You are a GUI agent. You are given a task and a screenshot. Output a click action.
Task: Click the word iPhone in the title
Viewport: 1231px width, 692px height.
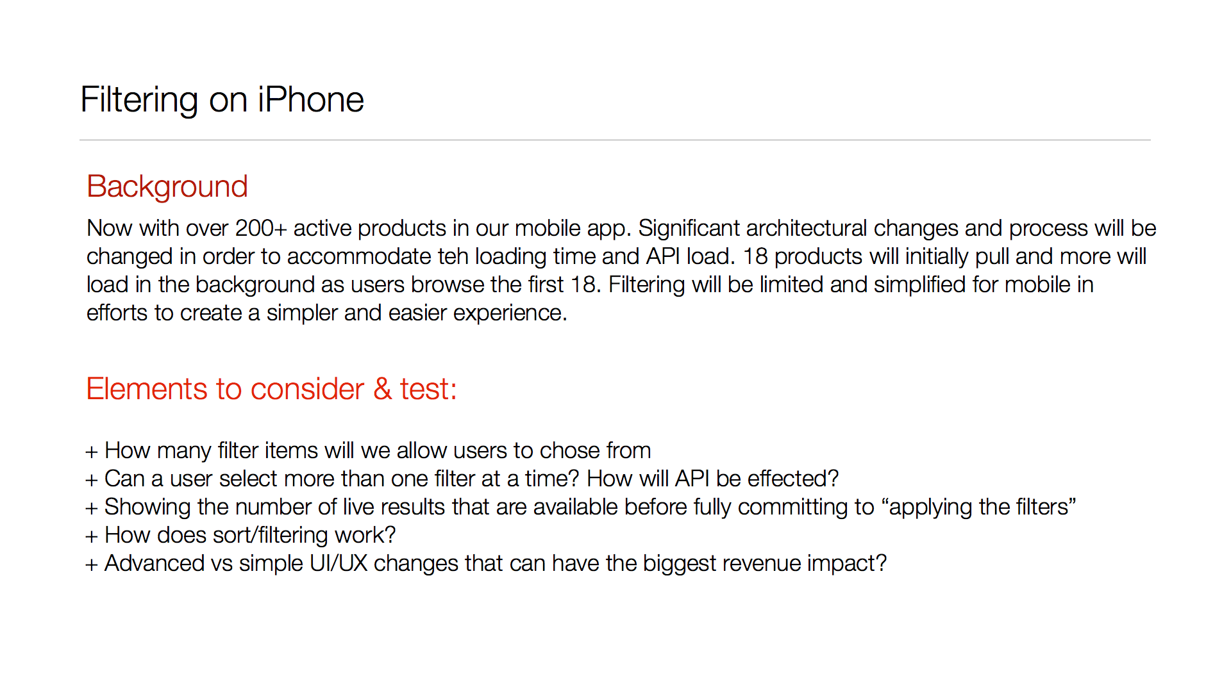311,100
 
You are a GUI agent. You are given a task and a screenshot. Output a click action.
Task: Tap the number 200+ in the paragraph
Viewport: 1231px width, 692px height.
261,229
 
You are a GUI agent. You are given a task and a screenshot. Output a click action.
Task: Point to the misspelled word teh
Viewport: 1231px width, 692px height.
453,257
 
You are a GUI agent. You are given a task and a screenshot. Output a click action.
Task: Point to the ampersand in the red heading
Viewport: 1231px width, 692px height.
383,389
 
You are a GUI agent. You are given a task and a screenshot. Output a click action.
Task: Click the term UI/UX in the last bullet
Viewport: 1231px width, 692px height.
339,564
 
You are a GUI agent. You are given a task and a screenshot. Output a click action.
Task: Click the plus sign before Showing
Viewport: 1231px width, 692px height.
92,509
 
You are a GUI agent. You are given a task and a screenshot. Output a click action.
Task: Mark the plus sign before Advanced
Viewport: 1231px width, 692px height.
92,565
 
